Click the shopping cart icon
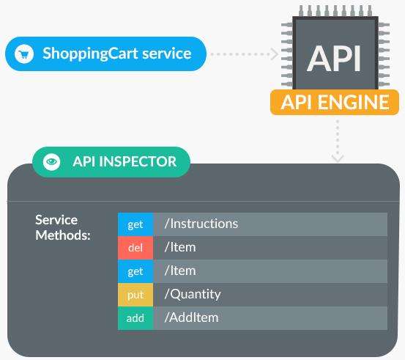[24, 54]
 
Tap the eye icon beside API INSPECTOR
[52, 162]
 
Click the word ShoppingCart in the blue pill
[90, 54]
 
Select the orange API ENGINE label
[335, 103]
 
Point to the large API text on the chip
[334, 59]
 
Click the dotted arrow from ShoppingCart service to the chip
[245, 54]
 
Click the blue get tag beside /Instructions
[135, 224]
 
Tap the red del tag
[135, 248]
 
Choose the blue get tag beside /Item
[135, 271]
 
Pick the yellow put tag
[135, 295]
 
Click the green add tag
[135, 318]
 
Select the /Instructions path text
[201, 224]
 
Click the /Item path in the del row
[180, 247]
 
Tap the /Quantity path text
[193, 294]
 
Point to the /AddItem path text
[191, 317]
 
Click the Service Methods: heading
[63, 227]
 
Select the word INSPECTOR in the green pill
[138, 162]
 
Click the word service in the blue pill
[167, 54]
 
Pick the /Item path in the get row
[180, 271]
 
